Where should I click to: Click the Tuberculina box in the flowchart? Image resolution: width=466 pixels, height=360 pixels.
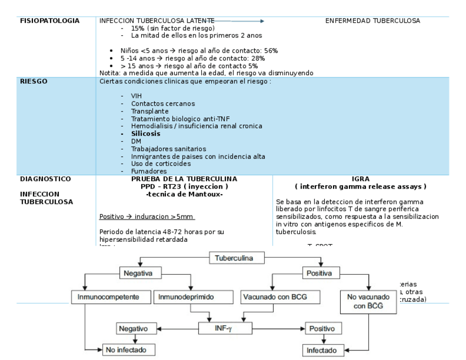(x=237, y=257)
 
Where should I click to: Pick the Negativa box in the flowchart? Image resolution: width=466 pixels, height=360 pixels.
(x=137, y=273)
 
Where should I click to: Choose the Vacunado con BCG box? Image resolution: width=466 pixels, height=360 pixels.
(x=267, y=297)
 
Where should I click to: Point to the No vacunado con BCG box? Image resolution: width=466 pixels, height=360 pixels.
(x=368, y=301)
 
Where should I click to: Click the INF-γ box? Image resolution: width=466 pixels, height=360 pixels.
(x=226, y=329)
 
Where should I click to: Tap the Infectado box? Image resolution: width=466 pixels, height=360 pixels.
(x=322, y=349)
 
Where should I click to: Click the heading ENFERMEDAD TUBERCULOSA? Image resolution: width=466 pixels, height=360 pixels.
(x=372, y=21)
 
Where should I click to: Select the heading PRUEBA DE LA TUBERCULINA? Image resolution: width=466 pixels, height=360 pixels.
(x=184, y=179)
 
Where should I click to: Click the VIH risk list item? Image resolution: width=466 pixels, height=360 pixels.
(x=136, y=96)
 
